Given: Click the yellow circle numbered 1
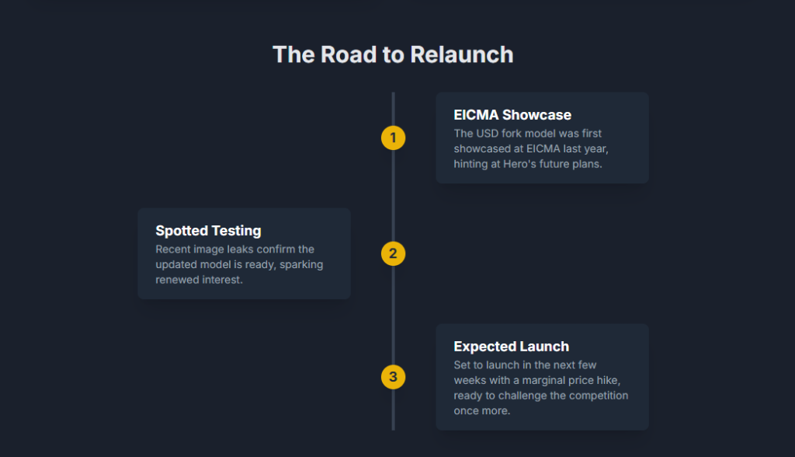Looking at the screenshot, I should tap(393, 138).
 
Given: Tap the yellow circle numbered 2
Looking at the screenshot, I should tap(393, 253).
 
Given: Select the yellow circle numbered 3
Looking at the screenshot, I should tap(393, 377).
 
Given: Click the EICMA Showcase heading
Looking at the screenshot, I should tap(512, 116).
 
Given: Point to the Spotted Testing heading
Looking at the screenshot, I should tap(208, 231).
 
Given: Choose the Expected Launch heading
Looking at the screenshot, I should tap(511, 347).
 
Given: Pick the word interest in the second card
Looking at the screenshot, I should tap(221, 280).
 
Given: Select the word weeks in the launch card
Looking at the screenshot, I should tap(470, 380).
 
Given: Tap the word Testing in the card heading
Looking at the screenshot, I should tap(235, 231).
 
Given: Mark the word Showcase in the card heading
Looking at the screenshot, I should tap(536, 116).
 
